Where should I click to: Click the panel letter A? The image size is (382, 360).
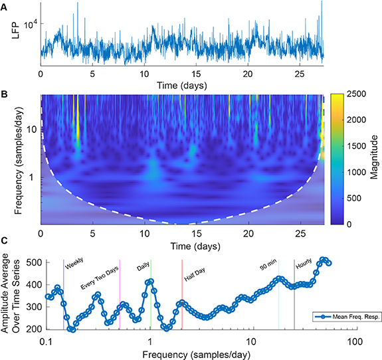[x=5, y=5]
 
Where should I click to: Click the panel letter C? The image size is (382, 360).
[x=5, y=238]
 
